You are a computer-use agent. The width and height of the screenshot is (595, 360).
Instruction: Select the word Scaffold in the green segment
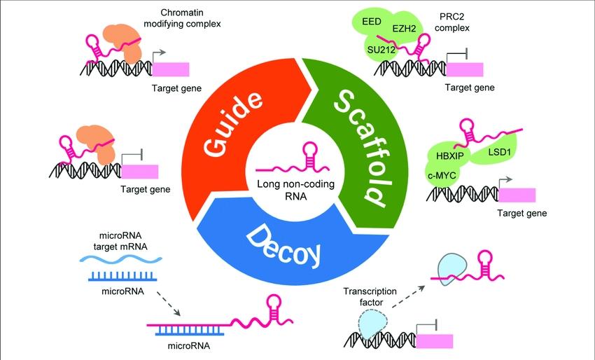coord(358,147)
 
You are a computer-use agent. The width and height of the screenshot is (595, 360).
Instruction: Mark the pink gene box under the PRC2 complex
coord(465,69)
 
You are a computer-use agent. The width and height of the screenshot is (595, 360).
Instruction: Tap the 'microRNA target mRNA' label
coord(115,240)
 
